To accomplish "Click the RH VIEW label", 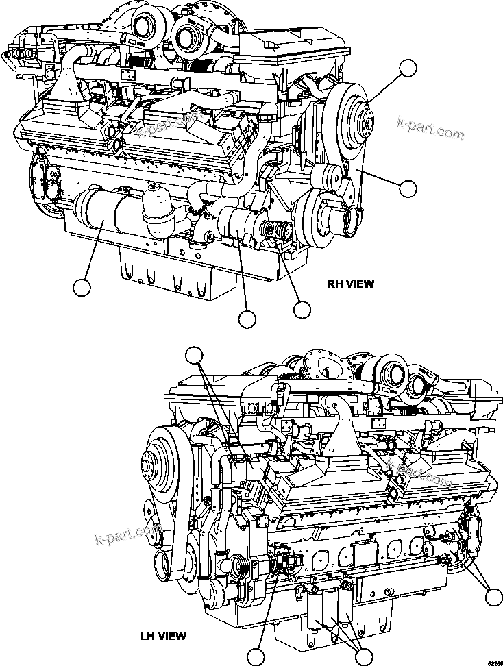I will pyautogui.click(x=350, y=284).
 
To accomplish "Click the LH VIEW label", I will pyautogui.click(x=162, y=636).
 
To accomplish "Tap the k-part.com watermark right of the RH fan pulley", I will pyautogui.click(x=430, y=128).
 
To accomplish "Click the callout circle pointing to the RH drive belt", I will pyautogui.click(x=408, y=187).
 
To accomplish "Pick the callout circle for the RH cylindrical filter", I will pyautogui.click(x=82, y=288).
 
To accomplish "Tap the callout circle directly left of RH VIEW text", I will pyautogui.click(x=302, y=309).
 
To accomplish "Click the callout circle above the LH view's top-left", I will pyautogui.click(x=195, y=354).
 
